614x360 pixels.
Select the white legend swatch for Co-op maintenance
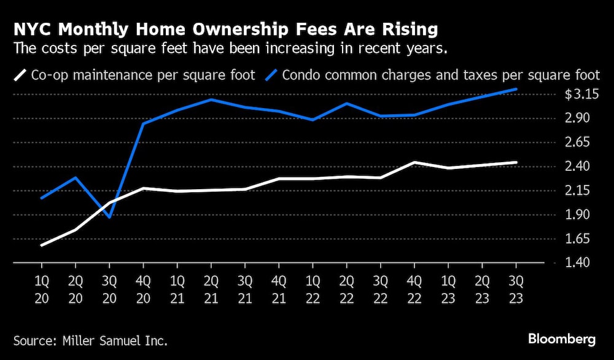click(x=21, y=76)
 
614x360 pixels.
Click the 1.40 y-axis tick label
click(x=578, y=264)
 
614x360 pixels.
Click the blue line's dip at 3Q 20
click(x=109, y=217)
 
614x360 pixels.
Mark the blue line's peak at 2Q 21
click(x=211, y=100)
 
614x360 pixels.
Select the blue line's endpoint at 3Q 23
click(x=516, y=89)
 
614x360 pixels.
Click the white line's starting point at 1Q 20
click(x=42, y=245)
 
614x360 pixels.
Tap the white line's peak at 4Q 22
click(x=414, y=162)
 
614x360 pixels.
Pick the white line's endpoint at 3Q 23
click(x=516, y=162)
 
